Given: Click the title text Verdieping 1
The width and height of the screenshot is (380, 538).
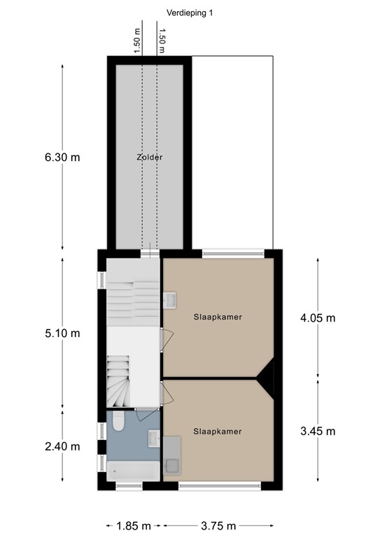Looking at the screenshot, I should (x=190, y=12).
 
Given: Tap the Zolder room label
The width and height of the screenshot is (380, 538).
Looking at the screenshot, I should (x=150, y=158).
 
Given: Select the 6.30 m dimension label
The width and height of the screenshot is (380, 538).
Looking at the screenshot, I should (x=62, y=158).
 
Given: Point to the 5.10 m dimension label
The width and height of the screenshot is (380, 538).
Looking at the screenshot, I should (x=62, y=333).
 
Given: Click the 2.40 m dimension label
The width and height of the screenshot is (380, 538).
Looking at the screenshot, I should (x=62, y=446).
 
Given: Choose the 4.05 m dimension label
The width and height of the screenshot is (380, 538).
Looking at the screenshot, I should (x=318, y=317).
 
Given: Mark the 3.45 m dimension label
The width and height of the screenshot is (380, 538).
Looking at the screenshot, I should (x=318, y=430).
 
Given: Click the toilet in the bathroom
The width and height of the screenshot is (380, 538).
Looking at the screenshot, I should (x=118, y=423).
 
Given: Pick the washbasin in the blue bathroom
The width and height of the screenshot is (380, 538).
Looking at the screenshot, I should (x=155, y=438).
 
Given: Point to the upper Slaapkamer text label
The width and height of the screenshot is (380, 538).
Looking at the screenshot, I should (x=218, y=317).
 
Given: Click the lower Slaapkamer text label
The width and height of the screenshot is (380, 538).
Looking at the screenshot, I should (x=218, y=432).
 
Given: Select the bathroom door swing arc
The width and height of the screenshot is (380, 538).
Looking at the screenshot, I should (x=147, y=414).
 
